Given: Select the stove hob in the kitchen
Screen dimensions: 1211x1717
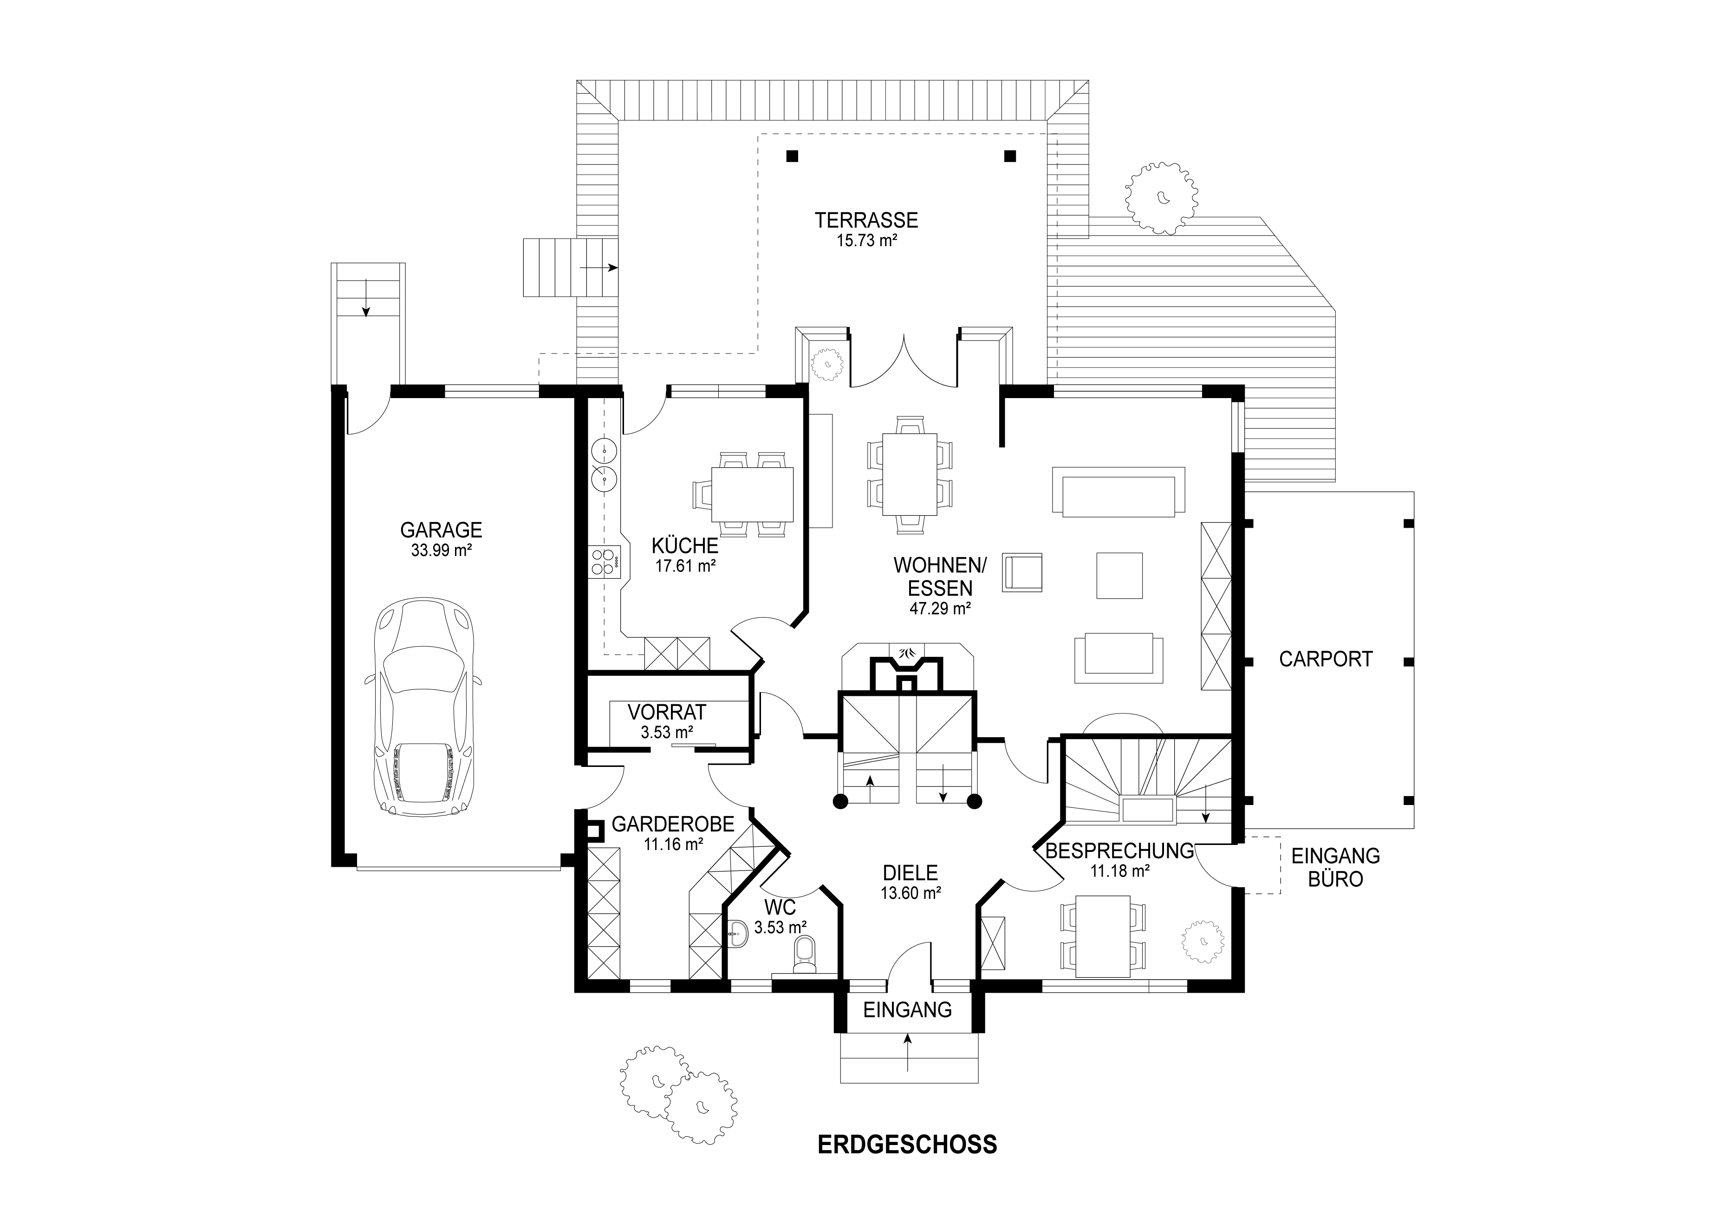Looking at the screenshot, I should (x=605, y=562).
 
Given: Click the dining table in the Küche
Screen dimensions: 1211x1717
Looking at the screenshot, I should (x=752, y=494).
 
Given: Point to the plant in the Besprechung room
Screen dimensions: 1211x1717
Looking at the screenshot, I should (x=1203, y=941).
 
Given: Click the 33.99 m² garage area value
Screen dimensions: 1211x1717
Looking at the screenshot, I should (x=441, y=550).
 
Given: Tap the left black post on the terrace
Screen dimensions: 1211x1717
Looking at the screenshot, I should (x=792, y=156).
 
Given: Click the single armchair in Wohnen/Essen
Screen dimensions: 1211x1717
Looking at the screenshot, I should (x=1023, y=573).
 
